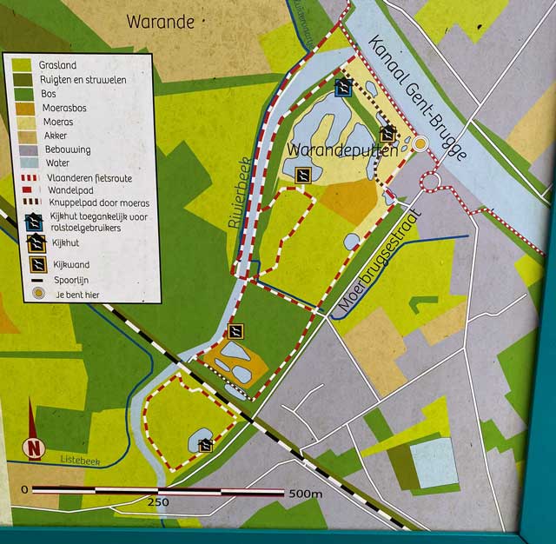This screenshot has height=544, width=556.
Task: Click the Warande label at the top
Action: coord(161,22)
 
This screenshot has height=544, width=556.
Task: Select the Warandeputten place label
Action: coord(341,150)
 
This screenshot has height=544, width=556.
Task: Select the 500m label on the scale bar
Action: coord(305,494)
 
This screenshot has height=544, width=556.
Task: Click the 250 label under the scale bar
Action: coord(158,502)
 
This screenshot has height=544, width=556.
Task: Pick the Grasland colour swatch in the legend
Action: coord(22,64)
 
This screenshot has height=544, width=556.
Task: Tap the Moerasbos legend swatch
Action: coord(22,107)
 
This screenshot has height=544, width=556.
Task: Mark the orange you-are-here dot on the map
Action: coord(420,143)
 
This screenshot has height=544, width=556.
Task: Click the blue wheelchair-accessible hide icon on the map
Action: coord(342,87)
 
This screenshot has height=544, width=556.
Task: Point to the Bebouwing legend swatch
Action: coord(22,149)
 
